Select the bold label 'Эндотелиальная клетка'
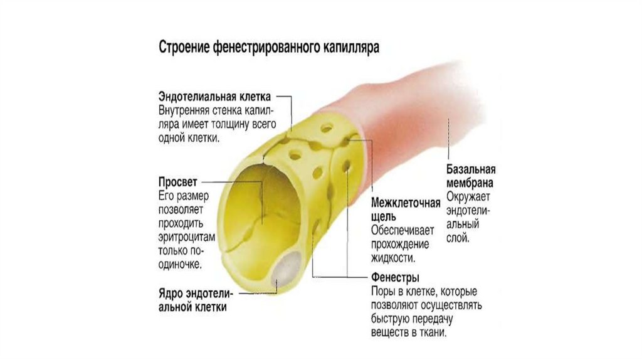pos(214,97)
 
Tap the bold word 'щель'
pos(382,217)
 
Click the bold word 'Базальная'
pos(471,169)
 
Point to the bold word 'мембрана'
pos(470,183)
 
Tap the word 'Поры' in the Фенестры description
pos(383,292)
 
